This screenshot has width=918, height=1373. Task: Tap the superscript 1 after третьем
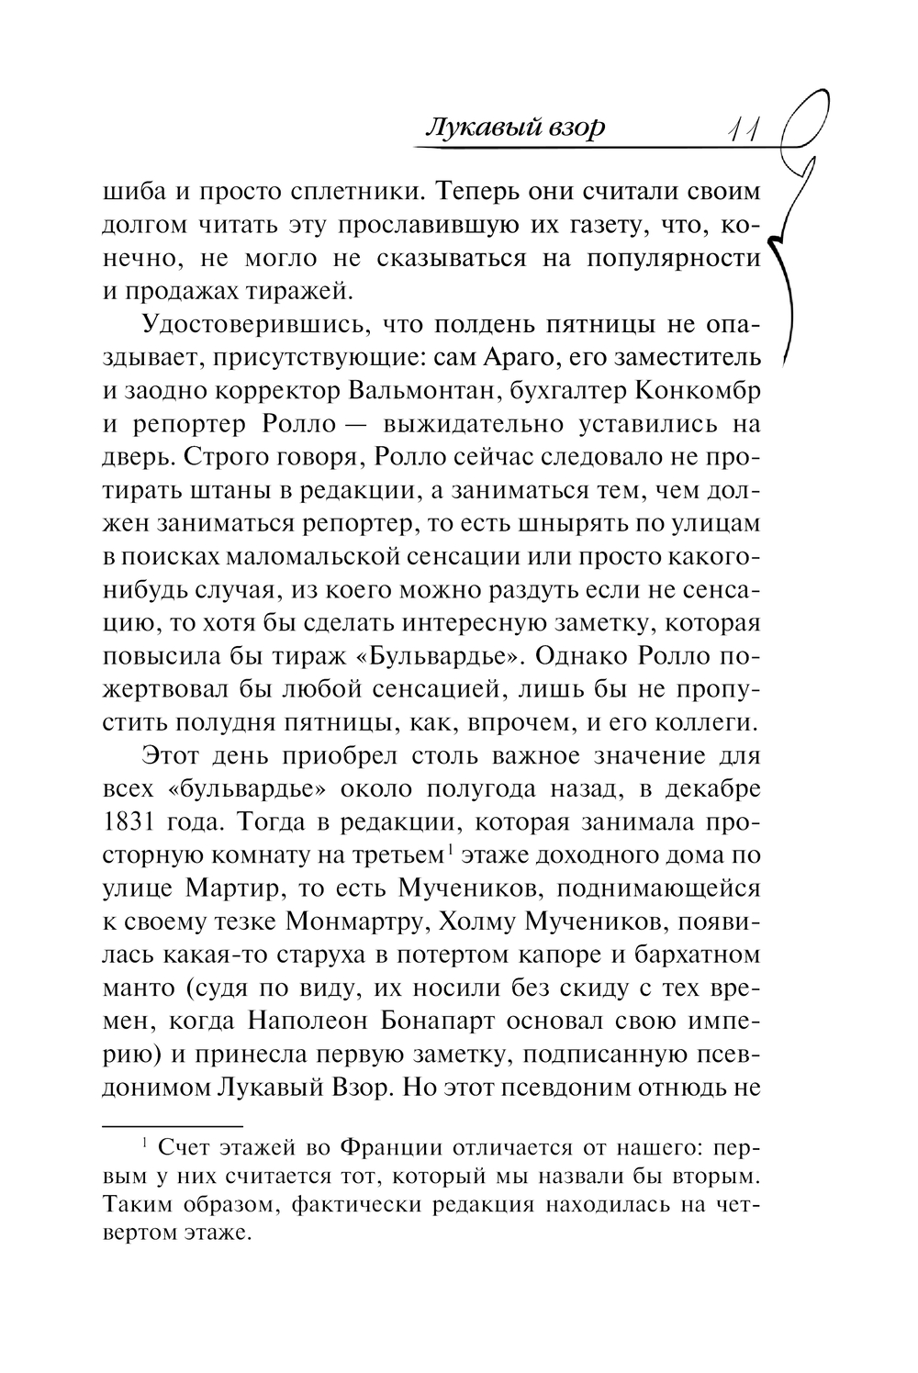tap(447, 848)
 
